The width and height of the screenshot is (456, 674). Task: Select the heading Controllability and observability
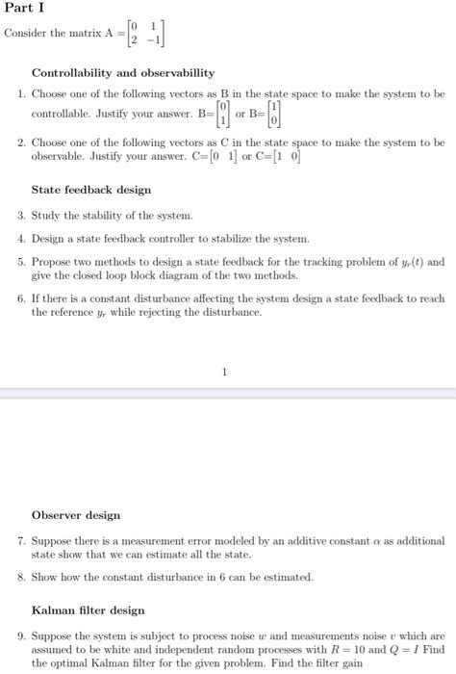coord(123,72)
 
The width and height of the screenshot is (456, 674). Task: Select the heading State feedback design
coord(91,190)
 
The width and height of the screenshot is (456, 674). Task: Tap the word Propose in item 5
coord(53,261)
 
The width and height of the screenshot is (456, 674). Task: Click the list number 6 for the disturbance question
coord(21,298)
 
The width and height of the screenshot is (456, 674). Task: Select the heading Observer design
coord(76,515)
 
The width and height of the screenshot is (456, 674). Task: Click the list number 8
coord(21,577)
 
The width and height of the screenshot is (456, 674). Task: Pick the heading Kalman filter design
coord(89,610)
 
